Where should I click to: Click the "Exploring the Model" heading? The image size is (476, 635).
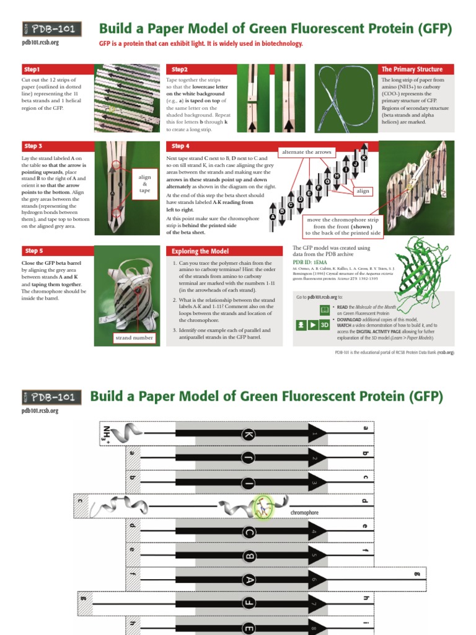click(x=226, y=251)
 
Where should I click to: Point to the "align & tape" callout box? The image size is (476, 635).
click(x=144, y=184)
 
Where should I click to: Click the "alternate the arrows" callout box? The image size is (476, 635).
click(x=306, y=152)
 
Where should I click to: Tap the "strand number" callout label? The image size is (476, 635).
click(x=133, y=338)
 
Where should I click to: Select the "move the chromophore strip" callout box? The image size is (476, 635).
click(x=342, y=226)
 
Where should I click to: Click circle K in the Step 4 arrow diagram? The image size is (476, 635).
click(x=364, y=158)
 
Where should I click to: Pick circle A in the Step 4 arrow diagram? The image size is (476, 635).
click(x=272, y=217)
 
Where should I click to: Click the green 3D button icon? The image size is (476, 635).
click(x=324, y=324)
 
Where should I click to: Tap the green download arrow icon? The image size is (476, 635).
click(x=301, y=324)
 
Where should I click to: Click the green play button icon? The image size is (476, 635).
click(x=312, y=324)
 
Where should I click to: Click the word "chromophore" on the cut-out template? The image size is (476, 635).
click(x=304, y=513)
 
